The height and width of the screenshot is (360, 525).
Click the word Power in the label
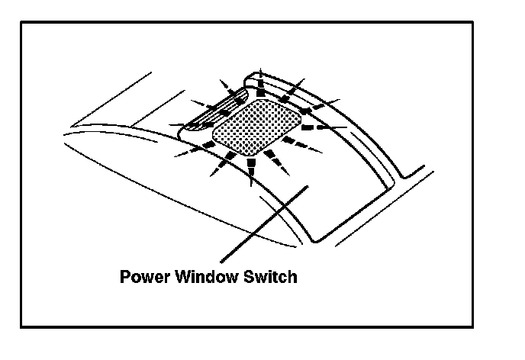point(142,276)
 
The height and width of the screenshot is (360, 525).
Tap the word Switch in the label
point(271,276)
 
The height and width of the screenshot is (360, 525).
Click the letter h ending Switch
point(292,276)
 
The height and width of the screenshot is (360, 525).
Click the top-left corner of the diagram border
point(21,22)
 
